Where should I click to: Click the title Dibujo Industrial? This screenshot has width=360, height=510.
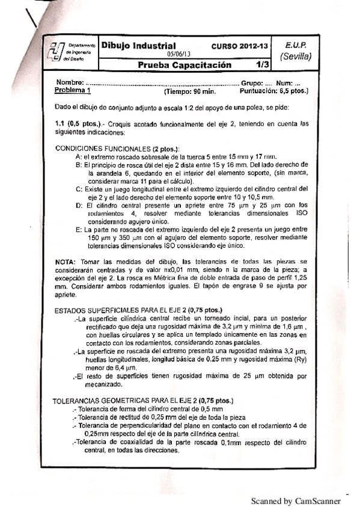(x=138, y=46)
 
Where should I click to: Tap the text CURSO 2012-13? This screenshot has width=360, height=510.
(x=237, y=46)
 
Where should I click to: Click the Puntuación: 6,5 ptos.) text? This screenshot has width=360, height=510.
(x=273, y=91)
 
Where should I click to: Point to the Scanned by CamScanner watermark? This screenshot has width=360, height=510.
(x=295, y=500)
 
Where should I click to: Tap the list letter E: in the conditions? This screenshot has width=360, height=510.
(x=79, y=229)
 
